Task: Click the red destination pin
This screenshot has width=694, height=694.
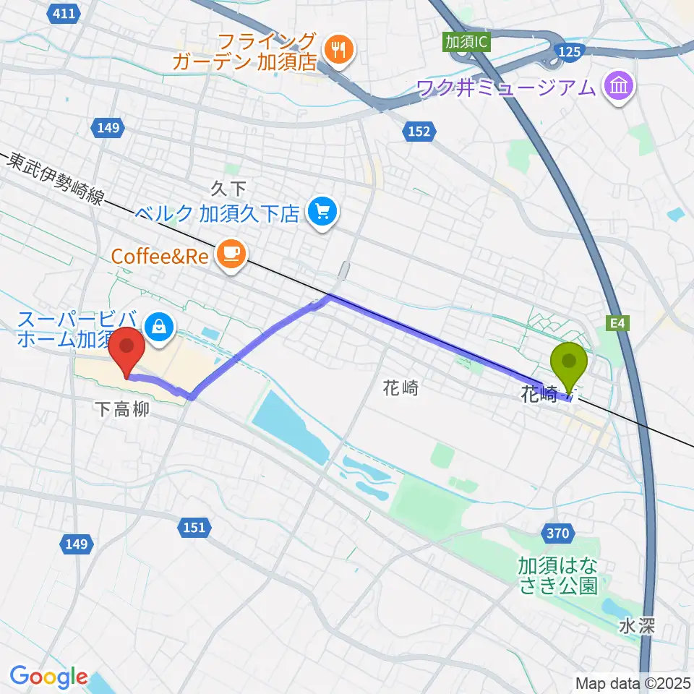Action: tap(128, 351)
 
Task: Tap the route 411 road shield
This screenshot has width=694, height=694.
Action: tap(64, 12)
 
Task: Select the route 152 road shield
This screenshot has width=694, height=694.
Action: tap(418, 131)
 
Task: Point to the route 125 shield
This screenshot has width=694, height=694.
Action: tap(569, 51)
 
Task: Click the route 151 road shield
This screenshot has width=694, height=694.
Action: tap(193, 528)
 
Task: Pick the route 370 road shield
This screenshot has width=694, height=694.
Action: tap(556, 534)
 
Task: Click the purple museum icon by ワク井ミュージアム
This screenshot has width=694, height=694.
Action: tap(620, 88)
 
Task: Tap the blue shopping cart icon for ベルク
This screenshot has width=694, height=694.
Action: tap(321, 213)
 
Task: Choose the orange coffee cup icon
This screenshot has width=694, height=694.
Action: tap(231, 254)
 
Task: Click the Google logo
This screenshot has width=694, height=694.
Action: tap(48, 677)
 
